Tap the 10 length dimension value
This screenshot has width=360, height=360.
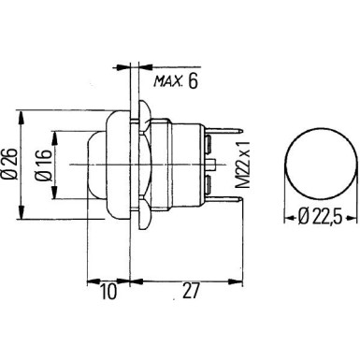[109, 292]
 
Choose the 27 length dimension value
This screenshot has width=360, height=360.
[190, 292]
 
